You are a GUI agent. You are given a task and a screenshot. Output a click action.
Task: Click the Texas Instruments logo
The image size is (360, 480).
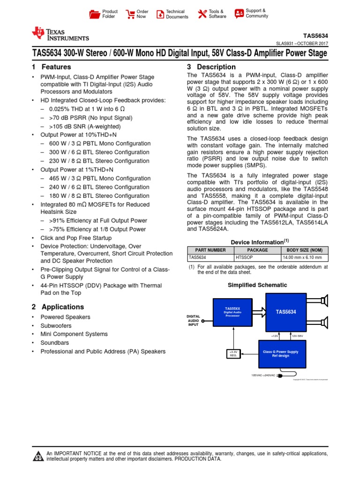(x=60, y=34)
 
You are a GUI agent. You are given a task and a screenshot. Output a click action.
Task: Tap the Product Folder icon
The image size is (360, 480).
(x=95, y=14)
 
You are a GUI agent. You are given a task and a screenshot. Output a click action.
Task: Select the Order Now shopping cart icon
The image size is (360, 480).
(x=130, y=14)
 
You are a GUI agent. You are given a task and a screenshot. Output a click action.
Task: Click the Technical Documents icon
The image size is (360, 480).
(x=160, y=14)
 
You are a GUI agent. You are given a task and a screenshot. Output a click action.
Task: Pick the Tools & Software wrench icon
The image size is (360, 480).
(x=202, y=14)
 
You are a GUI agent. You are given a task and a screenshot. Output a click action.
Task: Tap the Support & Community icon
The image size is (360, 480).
(x=239, y=13)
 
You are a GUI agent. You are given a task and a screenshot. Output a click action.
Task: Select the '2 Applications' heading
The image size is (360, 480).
(x=58, y=307)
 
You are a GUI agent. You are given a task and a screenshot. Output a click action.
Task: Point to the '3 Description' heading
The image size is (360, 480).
(x=211, y=67)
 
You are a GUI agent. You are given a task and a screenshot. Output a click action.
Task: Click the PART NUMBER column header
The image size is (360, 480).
(x=210, y=250)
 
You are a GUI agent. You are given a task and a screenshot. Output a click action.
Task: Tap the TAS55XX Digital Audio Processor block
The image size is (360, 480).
(x=232, y=312)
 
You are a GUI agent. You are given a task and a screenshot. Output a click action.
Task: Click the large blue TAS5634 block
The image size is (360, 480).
(x=285, y=312)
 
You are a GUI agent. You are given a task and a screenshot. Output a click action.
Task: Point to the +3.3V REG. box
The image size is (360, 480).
(x=233, y=353)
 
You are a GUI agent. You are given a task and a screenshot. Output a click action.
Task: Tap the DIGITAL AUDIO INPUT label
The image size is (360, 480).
(x=194, y=320)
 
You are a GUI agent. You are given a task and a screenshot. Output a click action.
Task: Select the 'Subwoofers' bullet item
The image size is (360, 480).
(x=56, y=326)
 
